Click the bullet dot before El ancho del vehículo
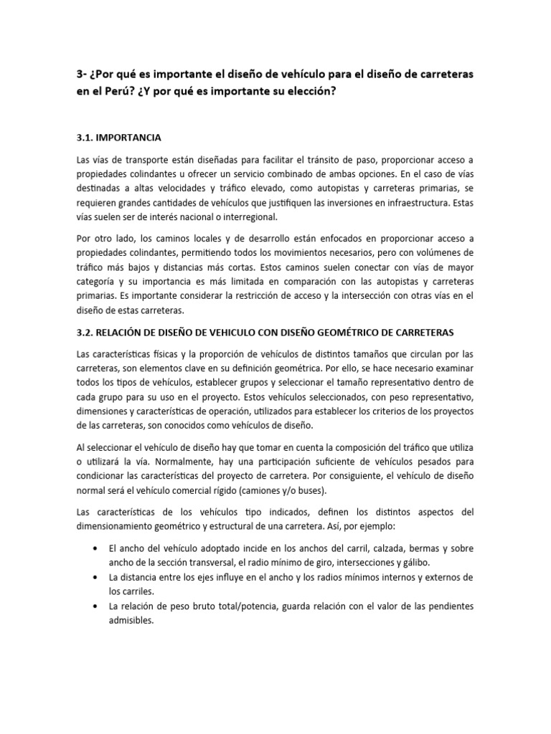(95, 548)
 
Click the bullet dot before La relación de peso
(95, 606)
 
